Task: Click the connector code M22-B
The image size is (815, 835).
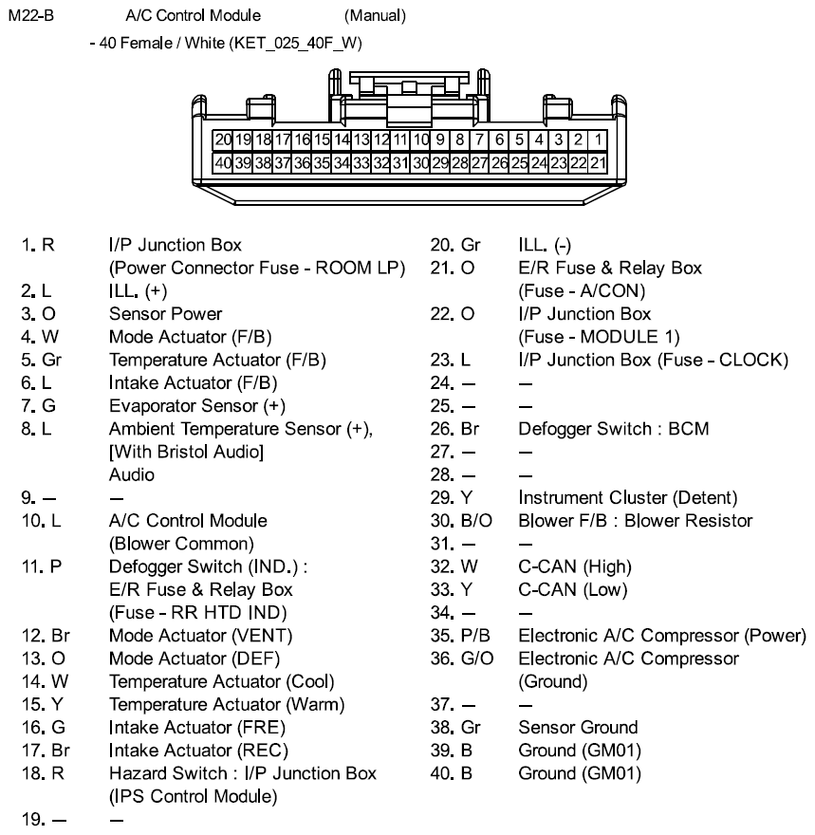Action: (28, 16)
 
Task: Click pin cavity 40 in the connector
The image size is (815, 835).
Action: (224, 162)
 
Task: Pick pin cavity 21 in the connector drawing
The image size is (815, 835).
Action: (599, 162)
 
